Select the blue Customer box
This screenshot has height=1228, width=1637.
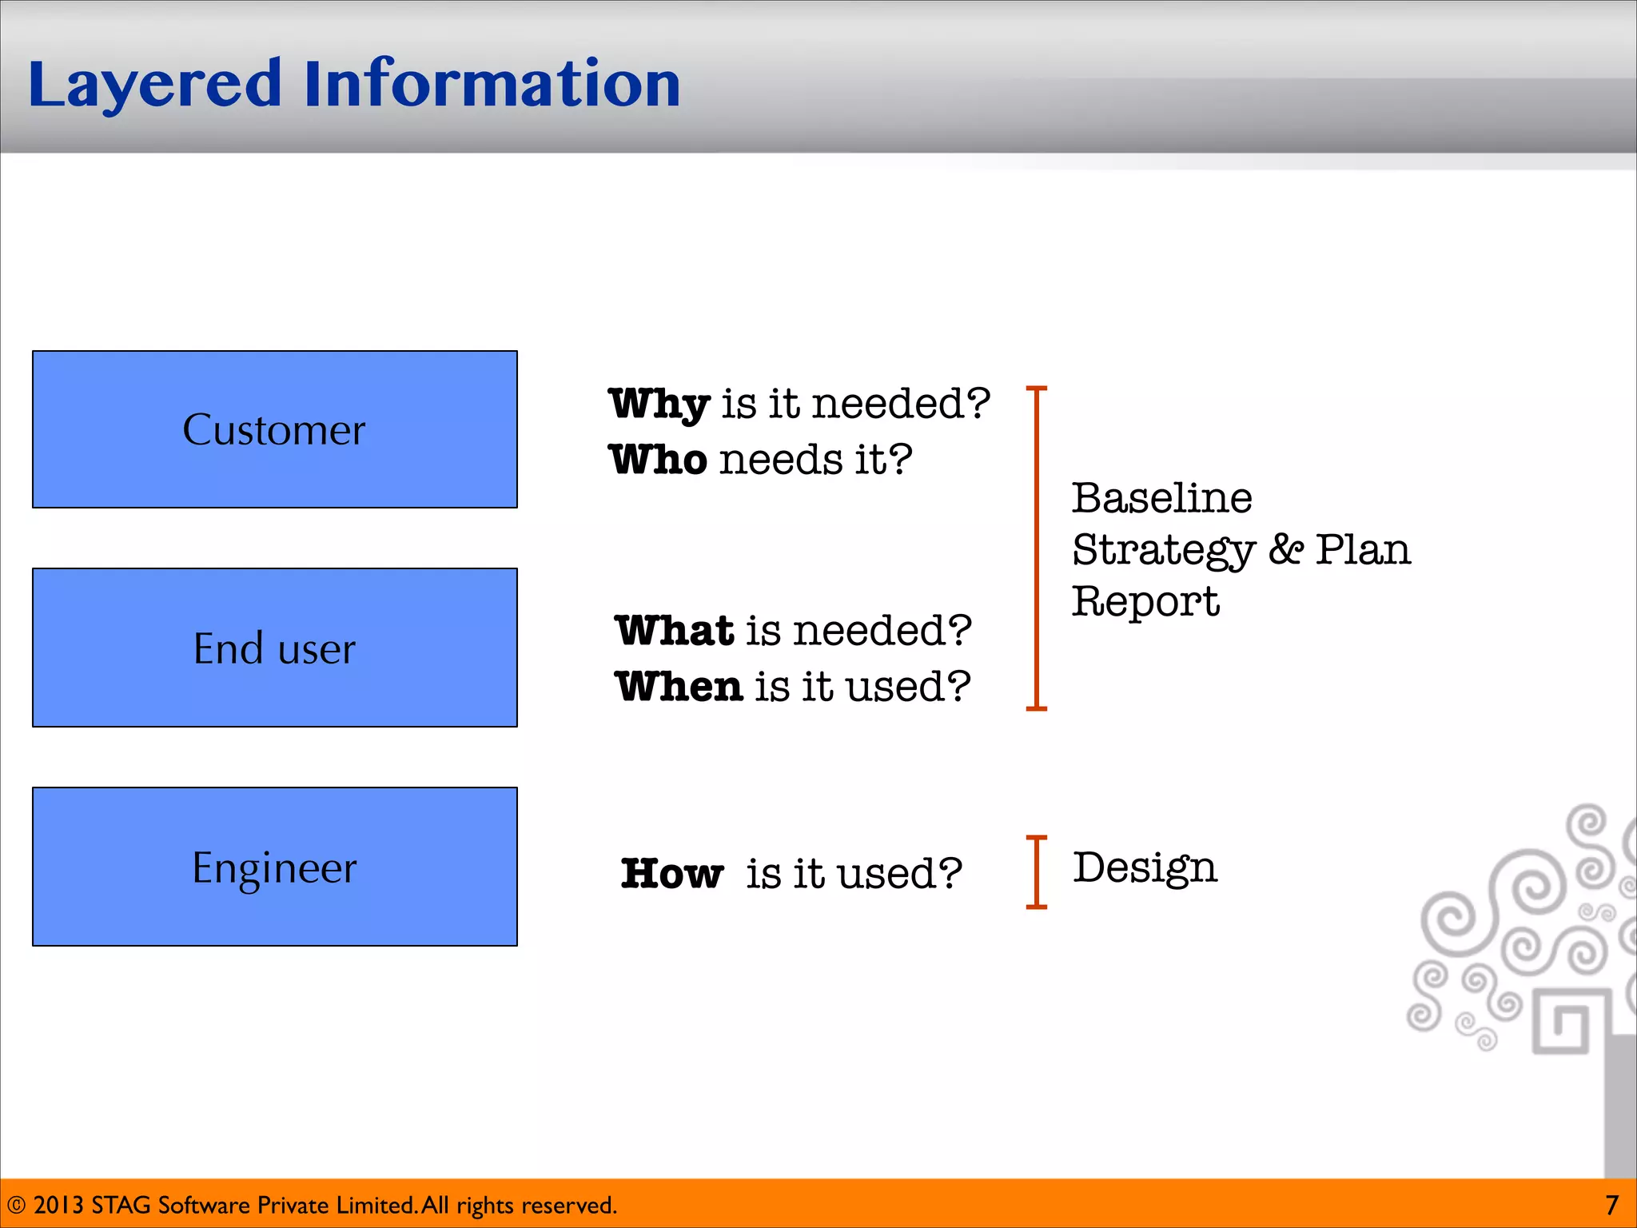(274, 429)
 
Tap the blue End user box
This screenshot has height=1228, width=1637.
(274, 648)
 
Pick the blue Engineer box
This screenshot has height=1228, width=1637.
(274, 867)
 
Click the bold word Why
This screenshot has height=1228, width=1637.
(659, 404)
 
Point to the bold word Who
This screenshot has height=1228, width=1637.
(657, 460)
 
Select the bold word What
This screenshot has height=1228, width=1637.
(674, 630)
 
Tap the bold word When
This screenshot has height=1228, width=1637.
(679, 687)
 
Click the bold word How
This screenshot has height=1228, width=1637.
(671, 873)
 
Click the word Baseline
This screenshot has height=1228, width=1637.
(1161, 498)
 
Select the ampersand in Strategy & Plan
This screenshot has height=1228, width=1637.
(1285, 549)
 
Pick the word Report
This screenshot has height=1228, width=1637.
(1145, 602)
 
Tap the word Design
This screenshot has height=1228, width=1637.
(1145, 868)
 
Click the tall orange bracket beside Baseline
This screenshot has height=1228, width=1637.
(1037, 548)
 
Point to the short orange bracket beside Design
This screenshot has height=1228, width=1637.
(1037, 872)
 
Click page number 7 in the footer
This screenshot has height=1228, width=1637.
(1611, 1205)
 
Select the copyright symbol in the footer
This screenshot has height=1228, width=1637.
(16, 1206)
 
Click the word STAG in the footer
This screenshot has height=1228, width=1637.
(121, 1205)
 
